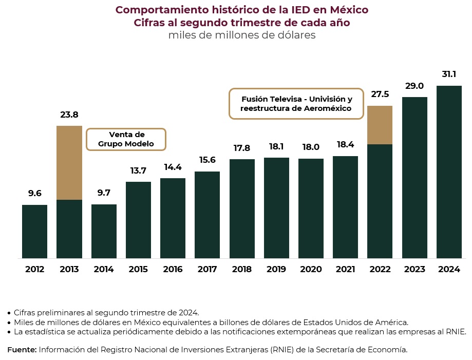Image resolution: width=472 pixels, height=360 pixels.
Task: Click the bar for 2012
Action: click(34, 231)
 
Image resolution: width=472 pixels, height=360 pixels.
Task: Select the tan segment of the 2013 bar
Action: click(69, 162)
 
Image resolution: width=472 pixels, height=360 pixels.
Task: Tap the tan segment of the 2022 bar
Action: click(380, 125)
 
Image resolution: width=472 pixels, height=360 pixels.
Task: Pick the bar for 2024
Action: click(449, 172)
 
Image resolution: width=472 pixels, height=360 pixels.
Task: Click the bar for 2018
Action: click(242, 209)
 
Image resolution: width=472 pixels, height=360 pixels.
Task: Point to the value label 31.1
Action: click(449, 74)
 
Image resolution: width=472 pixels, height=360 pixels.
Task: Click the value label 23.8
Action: click(69, 115)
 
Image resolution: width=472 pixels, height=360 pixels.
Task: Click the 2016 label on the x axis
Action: click(173, 270)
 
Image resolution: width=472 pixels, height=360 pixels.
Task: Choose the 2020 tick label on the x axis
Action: click(311, 270)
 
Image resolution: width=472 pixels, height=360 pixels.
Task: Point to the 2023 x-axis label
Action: click(414, 270)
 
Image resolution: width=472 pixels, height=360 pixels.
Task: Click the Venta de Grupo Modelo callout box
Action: click(126, 139)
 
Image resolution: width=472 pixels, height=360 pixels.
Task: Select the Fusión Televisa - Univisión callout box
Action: click(296, 104)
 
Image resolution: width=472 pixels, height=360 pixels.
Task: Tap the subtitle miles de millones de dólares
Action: click(241, 35)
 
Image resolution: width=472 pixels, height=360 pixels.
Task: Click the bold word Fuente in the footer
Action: click(22, 350)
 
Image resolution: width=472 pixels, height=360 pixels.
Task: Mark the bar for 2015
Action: click(138, 220)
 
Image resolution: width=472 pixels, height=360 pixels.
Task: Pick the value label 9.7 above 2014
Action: click(104, 194)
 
